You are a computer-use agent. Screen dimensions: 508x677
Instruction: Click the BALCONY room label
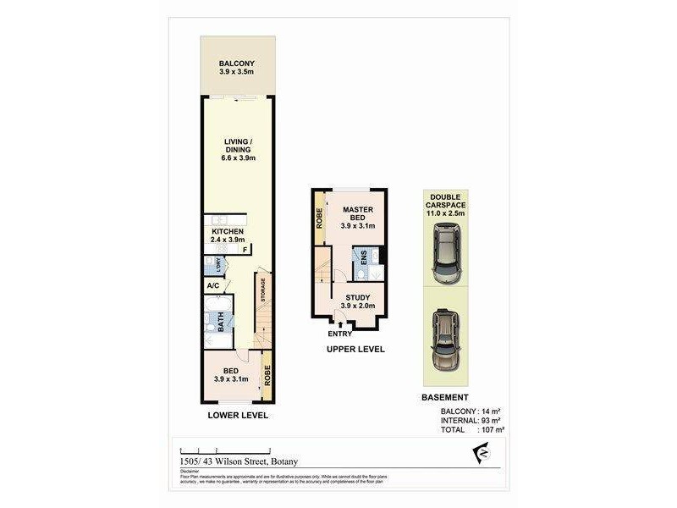pos(237,64)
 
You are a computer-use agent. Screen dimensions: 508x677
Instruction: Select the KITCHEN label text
pos(228,231)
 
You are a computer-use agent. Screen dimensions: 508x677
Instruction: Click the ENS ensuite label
pos(363,259)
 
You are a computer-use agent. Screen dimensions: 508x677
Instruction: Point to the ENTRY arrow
pos(341,323)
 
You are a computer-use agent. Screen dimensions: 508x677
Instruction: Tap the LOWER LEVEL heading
pos(238,416)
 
